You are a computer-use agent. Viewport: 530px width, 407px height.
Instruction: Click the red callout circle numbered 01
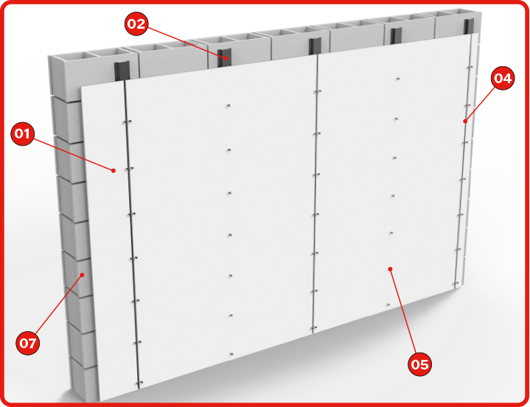coord(23,134)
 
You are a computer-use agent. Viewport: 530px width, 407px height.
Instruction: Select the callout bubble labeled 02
coord(136,24)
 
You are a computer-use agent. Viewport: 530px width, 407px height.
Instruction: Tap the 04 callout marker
coord(503,78)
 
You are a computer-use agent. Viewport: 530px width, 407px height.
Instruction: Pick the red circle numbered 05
coord(420,364)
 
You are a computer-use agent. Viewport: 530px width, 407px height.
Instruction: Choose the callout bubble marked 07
coord(28,343)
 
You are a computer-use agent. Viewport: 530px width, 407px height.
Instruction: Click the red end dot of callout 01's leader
coord(114,171)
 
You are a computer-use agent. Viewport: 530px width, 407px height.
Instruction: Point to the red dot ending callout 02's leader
coord(226,57)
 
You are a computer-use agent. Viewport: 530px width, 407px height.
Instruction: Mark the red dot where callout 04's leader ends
coord(465,121)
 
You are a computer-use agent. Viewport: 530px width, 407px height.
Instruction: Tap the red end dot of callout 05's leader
coord(391,269)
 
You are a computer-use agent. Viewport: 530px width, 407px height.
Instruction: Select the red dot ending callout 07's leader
coord(82,275)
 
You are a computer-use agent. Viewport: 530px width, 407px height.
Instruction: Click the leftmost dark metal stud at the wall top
coord(122,71)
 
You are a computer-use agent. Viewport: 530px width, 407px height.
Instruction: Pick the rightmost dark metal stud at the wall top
coord(469,26)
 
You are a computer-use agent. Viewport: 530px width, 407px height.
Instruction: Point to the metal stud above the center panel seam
coord(315,46)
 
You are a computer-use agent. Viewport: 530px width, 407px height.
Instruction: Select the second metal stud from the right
coord(396,36)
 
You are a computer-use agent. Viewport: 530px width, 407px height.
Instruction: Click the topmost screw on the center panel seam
coord(317,91)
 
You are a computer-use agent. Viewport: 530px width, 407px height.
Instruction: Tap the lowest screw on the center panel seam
coord(314,328)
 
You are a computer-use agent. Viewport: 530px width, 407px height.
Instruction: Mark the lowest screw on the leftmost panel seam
coord(139,383)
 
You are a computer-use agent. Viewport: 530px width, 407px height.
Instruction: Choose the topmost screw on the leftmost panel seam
coord(128,121)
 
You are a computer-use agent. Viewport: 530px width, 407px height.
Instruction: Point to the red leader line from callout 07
coord(58,305)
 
